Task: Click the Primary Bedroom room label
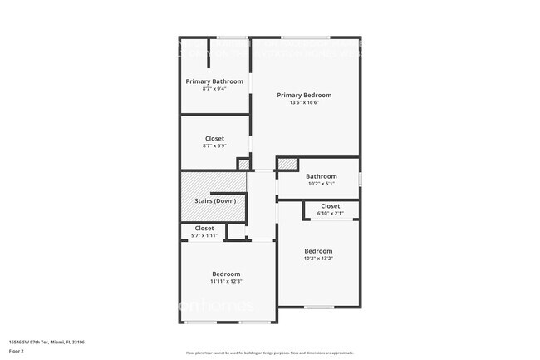pos(304,95)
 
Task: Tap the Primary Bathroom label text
pos(214,81)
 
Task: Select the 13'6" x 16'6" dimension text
pos(304,102)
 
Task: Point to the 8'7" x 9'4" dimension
pos(214,89)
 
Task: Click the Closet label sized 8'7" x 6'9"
pos(214,139)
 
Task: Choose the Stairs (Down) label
pos(215,201)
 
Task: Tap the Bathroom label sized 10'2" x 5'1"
pos(321,176)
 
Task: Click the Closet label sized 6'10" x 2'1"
pos(330,206)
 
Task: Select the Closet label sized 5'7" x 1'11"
pos(204,228)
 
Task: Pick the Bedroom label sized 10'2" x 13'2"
pos(318,251)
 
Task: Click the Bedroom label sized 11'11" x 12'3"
pos(226,274)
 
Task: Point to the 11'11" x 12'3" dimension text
pos(226,281)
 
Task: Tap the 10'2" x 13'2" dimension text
pos(318,258)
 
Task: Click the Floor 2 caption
pos(17,352)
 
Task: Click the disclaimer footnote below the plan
pos(269,353)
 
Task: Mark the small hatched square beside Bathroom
pos(287,164)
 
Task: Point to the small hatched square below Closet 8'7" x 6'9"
pos(243,165)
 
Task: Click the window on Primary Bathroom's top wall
pos(233,37)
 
